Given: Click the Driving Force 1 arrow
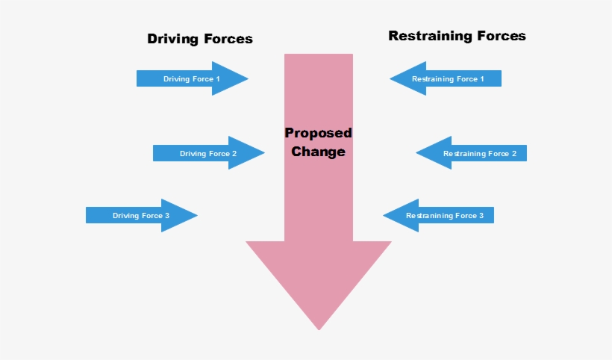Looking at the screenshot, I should (x=192, y=78).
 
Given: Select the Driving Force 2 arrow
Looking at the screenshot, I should (x=208, y=153).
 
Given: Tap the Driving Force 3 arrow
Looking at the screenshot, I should (x=141, y=216).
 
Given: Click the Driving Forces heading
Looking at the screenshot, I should (x=200, y=39).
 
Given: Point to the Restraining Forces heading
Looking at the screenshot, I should (x=457, y=36).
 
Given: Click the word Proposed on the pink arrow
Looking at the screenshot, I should (x=318, y=133).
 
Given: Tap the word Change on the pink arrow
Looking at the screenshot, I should (x=318, y=152).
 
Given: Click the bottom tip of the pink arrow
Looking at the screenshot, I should (x=319, y=329).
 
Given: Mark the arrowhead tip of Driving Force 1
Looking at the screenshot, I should (x=247, y=78).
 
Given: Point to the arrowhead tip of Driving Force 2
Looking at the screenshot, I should (x=264, y=153).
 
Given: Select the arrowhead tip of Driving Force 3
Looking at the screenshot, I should (x=197, y=216).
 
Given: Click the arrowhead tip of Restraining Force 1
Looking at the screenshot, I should (x=390, y=78).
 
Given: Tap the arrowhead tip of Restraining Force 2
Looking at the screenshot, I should (x=416, y=153).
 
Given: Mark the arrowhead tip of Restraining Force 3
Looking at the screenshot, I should (x=384, y=216).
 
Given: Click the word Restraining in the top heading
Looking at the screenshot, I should (x=432, y=36).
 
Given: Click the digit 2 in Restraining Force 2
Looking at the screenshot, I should (x=513, y=154).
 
